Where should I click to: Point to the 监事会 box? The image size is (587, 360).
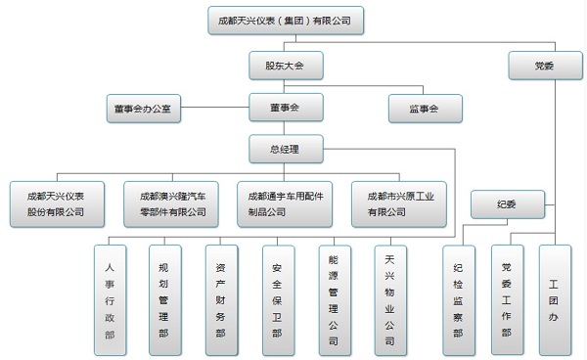(x=425, y=108)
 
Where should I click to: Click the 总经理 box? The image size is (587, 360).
(x=284, y=151)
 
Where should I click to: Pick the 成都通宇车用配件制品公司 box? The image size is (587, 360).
(x=285, y=202)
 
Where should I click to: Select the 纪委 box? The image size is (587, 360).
(x=507, y=204)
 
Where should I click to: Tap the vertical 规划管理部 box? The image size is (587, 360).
(x=163, y=298)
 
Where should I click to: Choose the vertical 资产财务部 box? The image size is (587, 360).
(x=220, y=298)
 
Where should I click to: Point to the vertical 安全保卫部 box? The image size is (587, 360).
(x=277, y=298)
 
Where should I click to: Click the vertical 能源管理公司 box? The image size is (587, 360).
(x=334, y=298)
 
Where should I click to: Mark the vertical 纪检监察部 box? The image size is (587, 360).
(x=457, y=298)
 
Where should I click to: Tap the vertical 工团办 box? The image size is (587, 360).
(x=554, y=298)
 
